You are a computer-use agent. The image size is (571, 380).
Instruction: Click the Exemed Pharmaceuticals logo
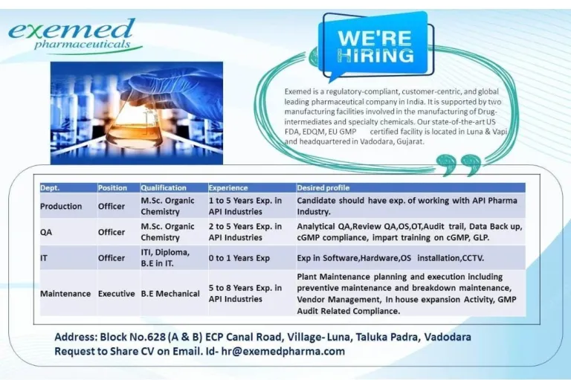coord(74,36)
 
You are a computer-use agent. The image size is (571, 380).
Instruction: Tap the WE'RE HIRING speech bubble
coord(375,46)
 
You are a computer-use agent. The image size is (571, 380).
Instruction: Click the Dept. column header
coord(50,188)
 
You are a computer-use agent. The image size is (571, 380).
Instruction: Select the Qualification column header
coord(164,188)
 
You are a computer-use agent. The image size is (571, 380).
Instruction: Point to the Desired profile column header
coord(323,188)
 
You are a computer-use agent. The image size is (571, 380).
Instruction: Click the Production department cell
coord(61,206)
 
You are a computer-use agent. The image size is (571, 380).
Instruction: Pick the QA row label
coord(46,232)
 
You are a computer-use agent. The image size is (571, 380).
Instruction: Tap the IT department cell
coord(44,258)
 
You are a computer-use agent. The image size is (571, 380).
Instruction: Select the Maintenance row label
coord(65,294)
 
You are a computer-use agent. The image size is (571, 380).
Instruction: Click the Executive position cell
coord(117,294)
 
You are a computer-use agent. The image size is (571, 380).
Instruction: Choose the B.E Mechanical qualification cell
coord(170,294)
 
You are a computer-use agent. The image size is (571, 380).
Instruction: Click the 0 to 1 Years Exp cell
coord(239,258)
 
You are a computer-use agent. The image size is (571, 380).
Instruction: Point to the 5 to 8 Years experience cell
coord(245,293)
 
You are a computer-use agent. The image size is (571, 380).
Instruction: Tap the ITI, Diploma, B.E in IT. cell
coord(165,257)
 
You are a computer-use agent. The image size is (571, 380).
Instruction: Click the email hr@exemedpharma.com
coord(283,352)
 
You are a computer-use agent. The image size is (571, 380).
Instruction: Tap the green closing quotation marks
coord(459,165)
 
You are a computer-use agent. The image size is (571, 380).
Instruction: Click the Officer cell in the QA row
coord(112,232)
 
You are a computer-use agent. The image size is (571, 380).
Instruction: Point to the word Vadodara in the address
coord(448,337)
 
